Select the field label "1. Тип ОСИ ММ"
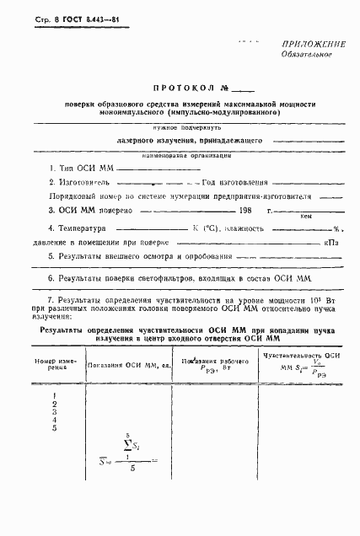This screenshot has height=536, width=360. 80,169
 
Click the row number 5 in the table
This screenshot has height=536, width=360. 55,428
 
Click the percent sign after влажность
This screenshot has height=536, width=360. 336,229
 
